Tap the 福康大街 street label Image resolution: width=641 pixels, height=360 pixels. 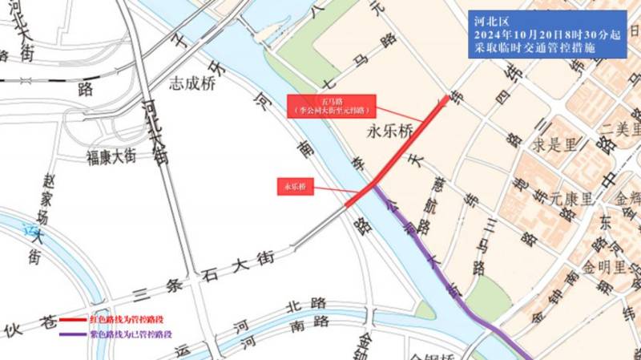[118, 156]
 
